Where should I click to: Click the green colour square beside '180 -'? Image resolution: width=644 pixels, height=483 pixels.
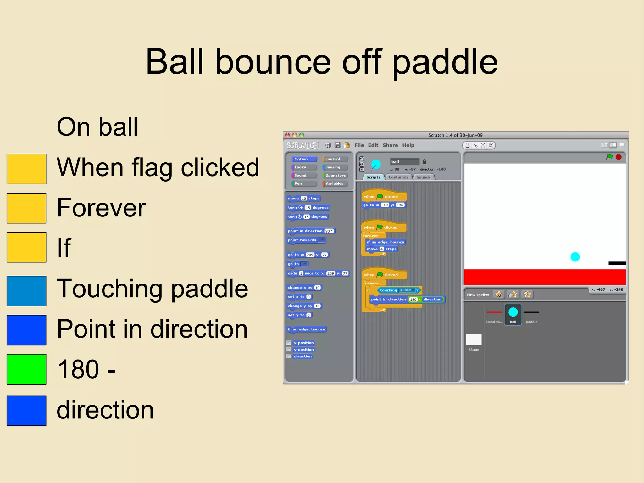pos(26,369)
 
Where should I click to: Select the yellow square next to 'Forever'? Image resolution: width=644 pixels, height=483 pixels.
pos(26,208)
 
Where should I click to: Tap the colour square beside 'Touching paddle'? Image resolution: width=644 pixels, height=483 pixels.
pos(26,291)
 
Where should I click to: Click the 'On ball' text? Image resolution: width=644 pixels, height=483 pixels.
pos(97,127)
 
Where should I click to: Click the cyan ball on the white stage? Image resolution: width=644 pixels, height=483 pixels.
pos(575,257)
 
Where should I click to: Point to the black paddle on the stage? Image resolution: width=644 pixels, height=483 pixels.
pos(617,263)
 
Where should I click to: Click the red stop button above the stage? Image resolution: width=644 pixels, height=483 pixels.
pos(619,157)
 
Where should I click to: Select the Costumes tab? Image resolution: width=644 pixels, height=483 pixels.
pos(398,177)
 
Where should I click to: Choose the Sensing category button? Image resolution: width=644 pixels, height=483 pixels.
pos(335,167)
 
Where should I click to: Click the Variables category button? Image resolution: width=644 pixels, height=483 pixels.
pos(335,183)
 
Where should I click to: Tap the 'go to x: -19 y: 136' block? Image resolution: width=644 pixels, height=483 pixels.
pos(384,205)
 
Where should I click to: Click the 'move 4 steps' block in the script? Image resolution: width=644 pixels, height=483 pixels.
pos(381,249)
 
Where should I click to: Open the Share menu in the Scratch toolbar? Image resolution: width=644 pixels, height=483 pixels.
pos(390,145)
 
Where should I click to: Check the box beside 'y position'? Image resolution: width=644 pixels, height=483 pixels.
pos(289,350)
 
